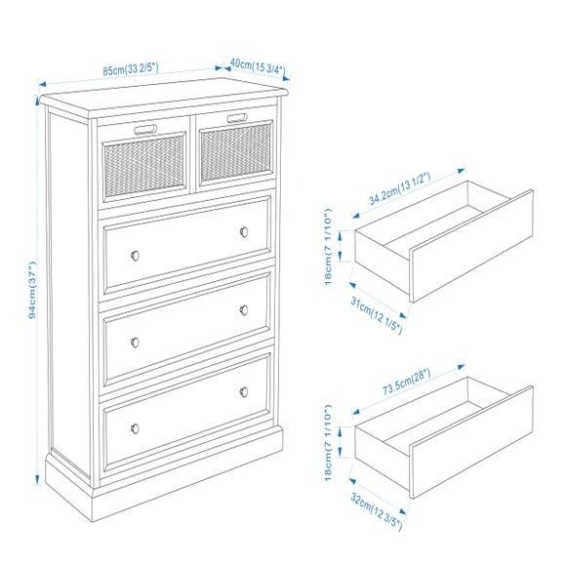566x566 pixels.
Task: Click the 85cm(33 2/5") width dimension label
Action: pos(131,68)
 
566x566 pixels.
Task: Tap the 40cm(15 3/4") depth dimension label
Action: pos(258,66)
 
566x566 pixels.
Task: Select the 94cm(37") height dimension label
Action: pos(32,290)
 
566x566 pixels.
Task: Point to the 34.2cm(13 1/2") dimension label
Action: pos(399,188)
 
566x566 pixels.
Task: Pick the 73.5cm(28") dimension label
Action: pos(407,382)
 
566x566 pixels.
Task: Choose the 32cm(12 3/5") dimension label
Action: pos(376,512)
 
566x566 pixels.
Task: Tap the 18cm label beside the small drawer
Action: pos(328,247)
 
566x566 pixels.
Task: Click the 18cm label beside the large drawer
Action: pos(328,443)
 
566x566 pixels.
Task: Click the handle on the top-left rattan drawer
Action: pos(145,129)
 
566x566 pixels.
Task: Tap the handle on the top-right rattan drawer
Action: pos(237,118)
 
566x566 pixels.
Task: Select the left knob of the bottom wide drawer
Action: pos(135,428)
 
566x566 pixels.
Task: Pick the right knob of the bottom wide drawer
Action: pos(244,391)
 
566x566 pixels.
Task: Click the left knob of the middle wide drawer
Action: pos(135,343)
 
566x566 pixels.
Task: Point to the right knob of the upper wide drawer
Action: pos(244,231)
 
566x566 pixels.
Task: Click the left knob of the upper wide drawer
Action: pos(135,256)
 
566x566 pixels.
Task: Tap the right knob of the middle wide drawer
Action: pos(244,309)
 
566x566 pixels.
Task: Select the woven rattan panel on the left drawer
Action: pos(144,166)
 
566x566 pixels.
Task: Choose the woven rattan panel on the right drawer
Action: pos(236,152)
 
